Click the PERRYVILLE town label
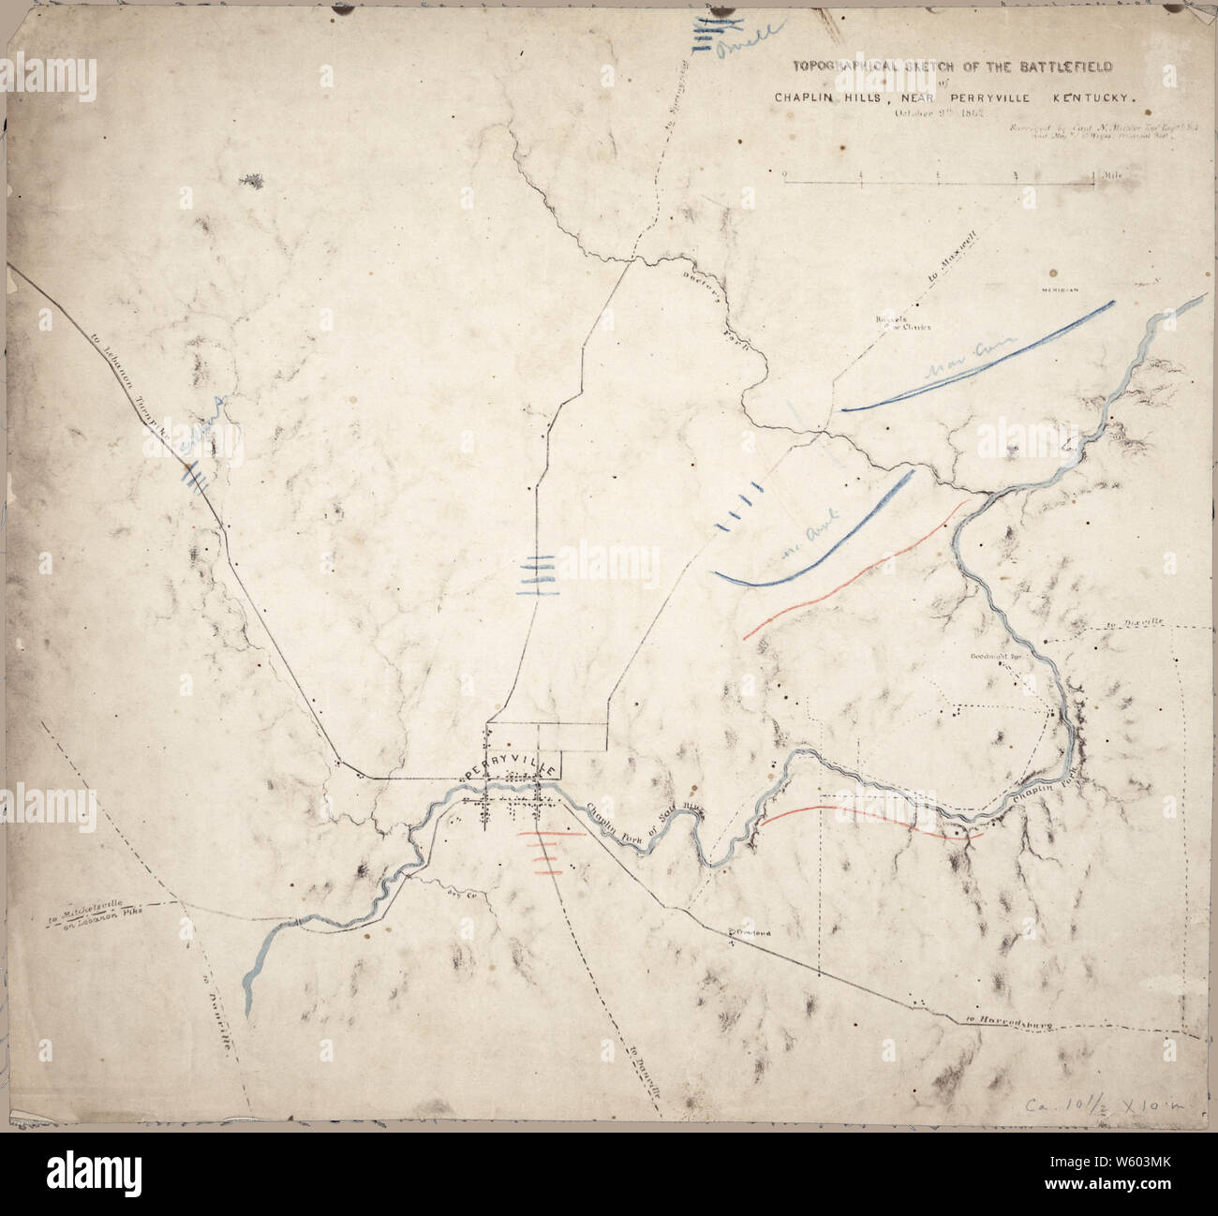512,767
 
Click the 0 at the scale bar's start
785,174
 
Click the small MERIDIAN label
1058,291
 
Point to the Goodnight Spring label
995,658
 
